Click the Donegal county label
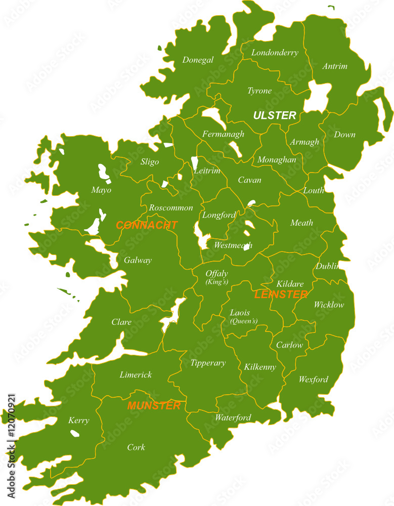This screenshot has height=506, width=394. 198,60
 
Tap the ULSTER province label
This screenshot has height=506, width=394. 274,116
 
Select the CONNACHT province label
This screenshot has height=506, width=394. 147,226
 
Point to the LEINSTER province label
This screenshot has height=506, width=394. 281,294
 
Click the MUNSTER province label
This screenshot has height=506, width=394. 154,406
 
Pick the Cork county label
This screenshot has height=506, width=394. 136,447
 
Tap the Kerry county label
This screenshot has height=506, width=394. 79,420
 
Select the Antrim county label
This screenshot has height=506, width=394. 335,66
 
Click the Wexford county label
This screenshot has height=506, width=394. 313,379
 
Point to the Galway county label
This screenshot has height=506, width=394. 138,261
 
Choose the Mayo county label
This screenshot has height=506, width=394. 101,190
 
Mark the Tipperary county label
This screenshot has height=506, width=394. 208,363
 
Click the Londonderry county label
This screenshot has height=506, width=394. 275,53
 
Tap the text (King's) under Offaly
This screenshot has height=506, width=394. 216,282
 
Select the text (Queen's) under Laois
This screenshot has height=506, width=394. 243,321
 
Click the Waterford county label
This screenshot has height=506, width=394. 233,418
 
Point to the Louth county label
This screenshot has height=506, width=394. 314,191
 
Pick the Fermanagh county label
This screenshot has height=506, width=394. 223,134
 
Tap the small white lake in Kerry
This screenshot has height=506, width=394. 75,433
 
